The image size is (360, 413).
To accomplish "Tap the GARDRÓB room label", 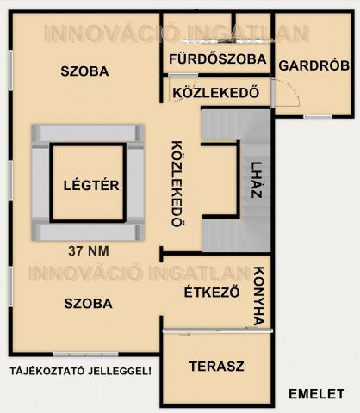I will pyautogui.click(x=313, y=65).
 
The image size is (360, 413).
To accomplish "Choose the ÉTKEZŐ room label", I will pyautogui.click(x=212, y=292).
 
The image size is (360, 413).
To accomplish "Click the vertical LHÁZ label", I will pyautogui.click(x=256, y=181).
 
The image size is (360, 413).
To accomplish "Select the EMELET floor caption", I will pyautogui.click(x=316, y=393).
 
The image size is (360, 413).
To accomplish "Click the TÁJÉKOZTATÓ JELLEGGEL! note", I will pyautogui.click(x=80, y=371).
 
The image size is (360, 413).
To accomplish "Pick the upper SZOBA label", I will pyautogui.click(x=84, y=71).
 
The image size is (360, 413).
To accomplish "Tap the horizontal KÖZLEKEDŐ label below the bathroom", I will pyautogui.click(x=215, y=93).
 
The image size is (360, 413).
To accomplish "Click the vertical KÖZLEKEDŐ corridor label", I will pyautogui.click(x=177, y=182).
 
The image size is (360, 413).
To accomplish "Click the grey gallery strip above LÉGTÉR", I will pyautogui.click(x=86, y=133).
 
